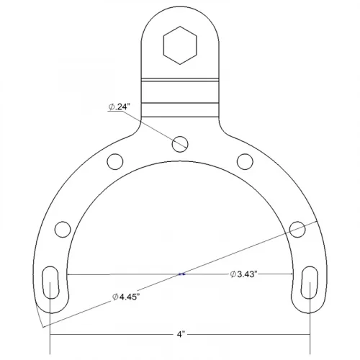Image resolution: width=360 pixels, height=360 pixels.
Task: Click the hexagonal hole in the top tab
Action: click(180, 45)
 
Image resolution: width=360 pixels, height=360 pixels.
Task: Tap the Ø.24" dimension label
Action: click(119, 107)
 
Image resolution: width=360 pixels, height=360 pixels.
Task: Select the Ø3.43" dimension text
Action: click(243, 274)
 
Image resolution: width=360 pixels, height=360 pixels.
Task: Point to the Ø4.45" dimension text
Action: click(126, 297)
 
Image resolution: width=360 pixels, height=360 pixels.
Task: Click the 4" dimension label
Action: click(181, 334)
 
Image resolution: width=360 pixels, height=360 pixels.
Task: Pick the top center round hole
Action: click(180, 144)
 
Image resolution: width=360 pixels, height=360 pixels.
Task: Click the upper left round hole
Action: click(115, 161)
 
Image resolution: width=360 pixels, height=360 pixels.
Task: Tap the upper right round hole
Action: click(245, 161)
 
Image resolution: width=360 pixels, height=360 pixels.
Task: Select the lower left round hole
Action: click(63, 229)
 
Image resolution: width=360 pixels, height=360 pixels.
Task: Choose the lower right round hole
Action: click(297, 229)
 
